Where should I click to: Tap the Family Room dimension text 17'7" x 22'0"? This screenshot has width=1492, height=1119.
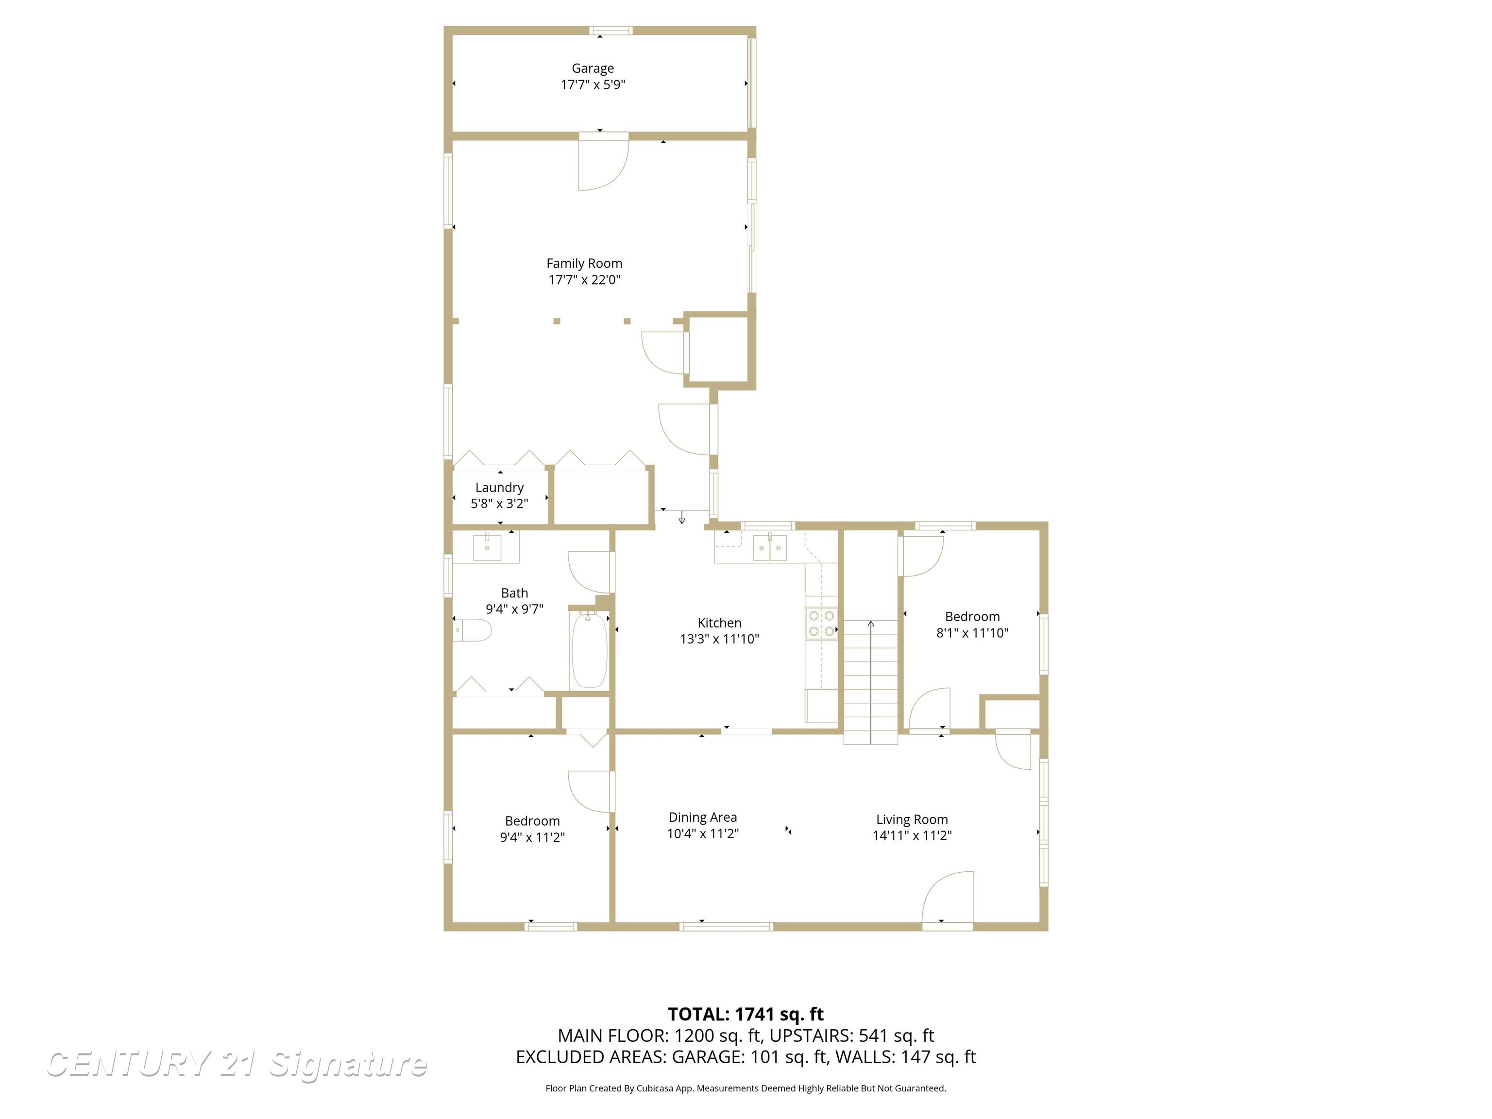[584, 280]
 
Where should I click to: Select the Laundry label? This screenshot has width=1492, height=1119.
[499, 488]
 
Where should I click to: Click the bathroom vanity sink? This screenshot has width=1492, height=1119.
[487, 546]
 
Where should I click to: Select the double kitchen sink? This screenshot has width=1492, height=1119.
[770, 547]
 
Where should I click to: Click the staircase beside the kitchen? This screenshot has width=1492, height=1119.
[870, 681]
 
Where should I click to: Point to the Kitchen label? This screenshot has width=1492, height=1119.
[719, 623]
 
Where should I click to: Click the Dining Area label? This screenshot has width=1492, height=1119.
[702, 817]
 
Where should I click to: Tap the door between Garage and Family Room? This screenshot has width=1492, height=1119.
[604, 162]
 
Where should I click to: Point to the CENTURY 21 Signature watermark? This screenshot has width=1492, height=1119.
[236, 1065]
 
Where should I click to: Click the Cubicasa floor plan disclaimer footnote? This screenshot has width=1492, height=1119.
[746, 1088]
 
